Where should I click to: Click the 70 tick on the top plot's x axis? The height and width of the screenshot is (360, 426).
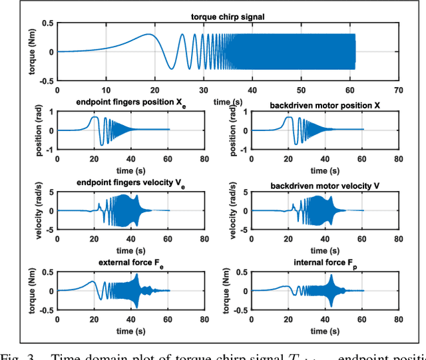(398, 90)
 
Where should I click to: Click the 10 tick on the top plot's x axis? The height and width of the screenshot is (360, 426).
(106, 90)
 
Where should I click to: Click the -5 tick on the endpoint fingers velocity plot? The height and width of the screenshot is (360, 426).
(51, 228)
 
